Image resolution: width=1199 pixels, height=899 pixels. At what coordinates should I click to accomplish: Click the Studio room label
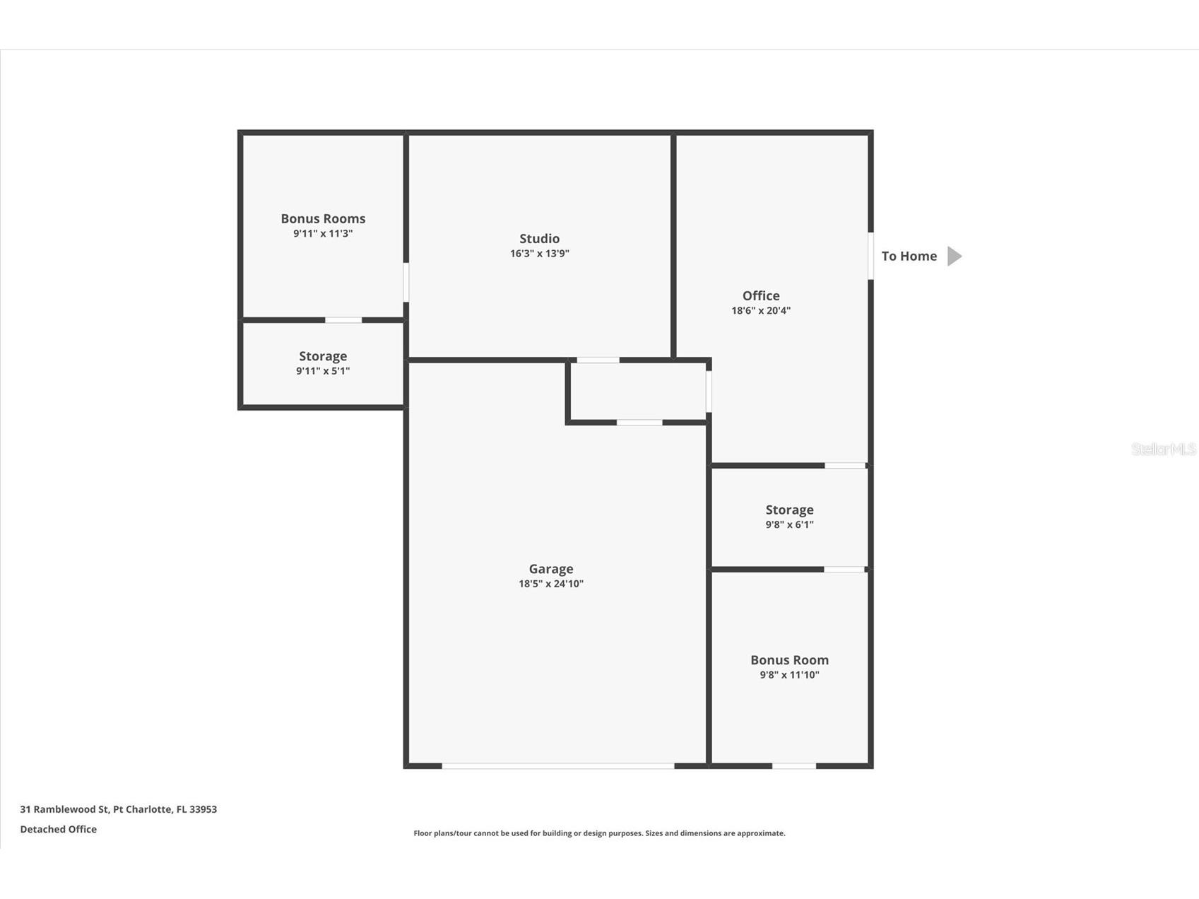click(539, 239)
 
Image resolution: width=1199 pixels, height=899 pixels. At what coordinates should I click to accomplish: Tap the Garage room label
click(551, 569)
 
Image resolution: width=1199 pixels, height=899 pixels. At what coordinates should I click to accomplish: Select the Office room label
click(761, 296)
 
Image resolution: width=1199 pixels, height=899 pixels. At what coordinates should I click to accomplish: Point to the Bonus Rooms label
click(323, 219)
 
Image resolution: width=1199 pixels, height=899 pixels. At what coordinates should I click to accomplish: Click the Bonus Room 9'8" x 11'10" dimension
click(789, 675)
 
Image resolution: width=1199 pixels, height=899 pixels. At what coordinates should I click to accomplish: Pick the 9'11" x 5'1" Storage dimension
click(323, 371)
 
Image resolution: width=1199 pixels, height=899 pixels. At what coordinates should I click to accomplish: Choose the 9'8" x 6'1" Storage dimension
click(789, 524)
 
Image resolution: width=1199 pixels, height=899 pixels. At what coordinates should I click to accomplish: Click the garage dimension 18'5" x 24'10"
click(551, 584)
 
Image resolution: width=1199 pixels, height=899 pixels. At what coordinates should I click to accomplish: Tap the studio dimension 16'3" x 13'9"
click(539, 254)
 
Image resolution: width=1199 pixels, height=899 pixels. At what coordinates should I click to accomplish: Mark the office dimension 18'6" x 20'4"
click(761, 310)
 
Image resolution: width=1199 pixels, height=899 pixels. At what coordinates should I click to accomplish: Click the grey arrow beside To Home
click(954, 256)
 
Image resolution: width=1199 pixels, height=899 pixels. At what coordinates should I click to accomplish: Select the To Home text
click(909, 256)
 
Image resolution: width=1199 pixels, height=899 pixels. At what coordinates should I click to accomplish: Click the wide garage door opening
click(558, 765)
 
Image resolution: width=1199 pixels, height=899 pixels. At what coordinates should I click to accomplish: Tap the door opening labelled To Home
click(870, 256)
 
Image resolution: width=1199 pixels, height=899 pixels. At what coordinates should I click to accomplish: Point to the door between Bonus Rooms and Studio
click(406, 282)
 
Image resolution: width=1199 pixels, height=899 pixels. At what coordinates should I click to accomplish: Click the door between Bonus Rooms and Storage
click(343, 320)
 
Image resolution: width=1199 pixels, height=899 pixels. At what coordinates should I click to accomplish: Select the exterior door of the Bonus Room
click(793, 765)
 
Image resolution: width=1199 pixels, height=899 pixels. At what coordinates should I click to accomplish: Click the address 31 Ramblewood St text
click(118, 809)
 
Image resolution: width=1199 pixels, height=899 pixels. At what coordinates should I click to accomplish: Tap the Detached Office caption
click(58, 829)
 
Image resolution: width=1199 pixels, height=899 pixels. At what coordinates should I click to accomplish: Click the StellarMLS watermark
click(1163, 449)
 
